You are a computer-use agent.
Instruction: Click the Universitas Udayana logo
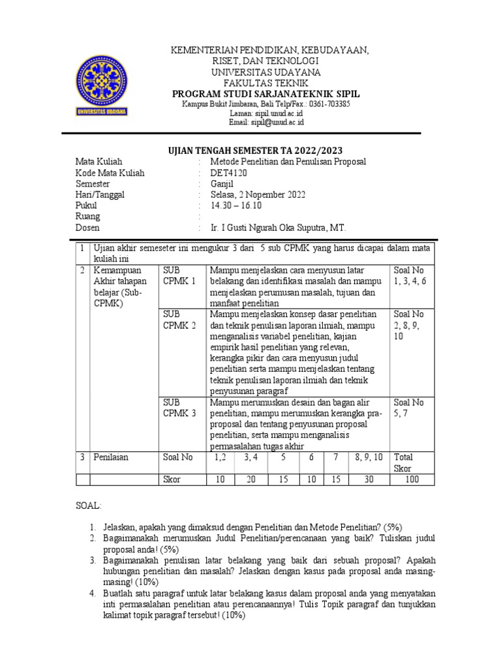(x=104, y=85)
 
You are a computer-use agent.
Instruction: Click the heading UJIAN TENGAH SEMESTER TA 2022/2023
(x=251, y=150)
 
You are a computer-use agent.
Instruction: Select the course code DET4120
(x=228, y=173)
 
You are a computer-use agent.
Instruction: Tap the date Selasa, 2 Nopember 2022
(x=257, y=194)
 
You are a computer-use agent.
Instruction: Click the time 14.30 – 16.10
(x=235, y=205)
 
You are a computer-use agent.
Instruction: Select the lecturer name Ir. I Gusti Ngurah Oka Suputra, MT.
(x=278, y=228)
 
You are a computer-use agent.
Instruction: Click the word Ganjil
(x=222, y=184)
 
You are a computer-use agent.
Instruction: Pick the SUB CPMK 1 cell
(x=179, y=275)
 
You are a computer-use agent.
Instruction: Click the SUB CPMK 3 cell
(x=179, y=408)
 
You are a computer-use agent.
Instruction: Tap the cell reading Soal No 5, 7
(x=408, y=408)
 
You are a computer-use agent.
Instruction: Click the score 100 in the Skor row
(x=413, y=479)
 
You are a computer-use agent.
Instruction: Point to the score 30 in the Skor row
(x=369, y=479)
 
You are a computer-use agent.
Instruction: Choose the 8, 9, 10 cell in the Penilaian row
(x=369, y=457)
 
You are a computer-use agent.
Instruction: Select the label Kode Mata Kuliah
(x=110, y=173)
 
